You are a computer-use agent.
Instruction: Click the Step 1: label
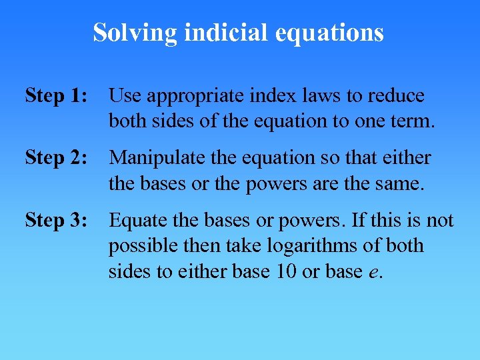pyautogui.click(x=56, y=96)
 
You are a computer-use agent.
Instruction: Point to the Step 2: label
pyautogui.click(x=56, y=158)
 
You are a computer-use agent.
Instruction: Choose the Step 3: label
pyautogui.click(x=56, y=220)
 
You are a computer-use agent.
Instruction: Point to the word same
pyautogui.click(x=401, y=183)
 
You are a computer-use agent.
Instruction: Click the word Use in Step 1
pyautogui.click(x=125, y=96)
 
